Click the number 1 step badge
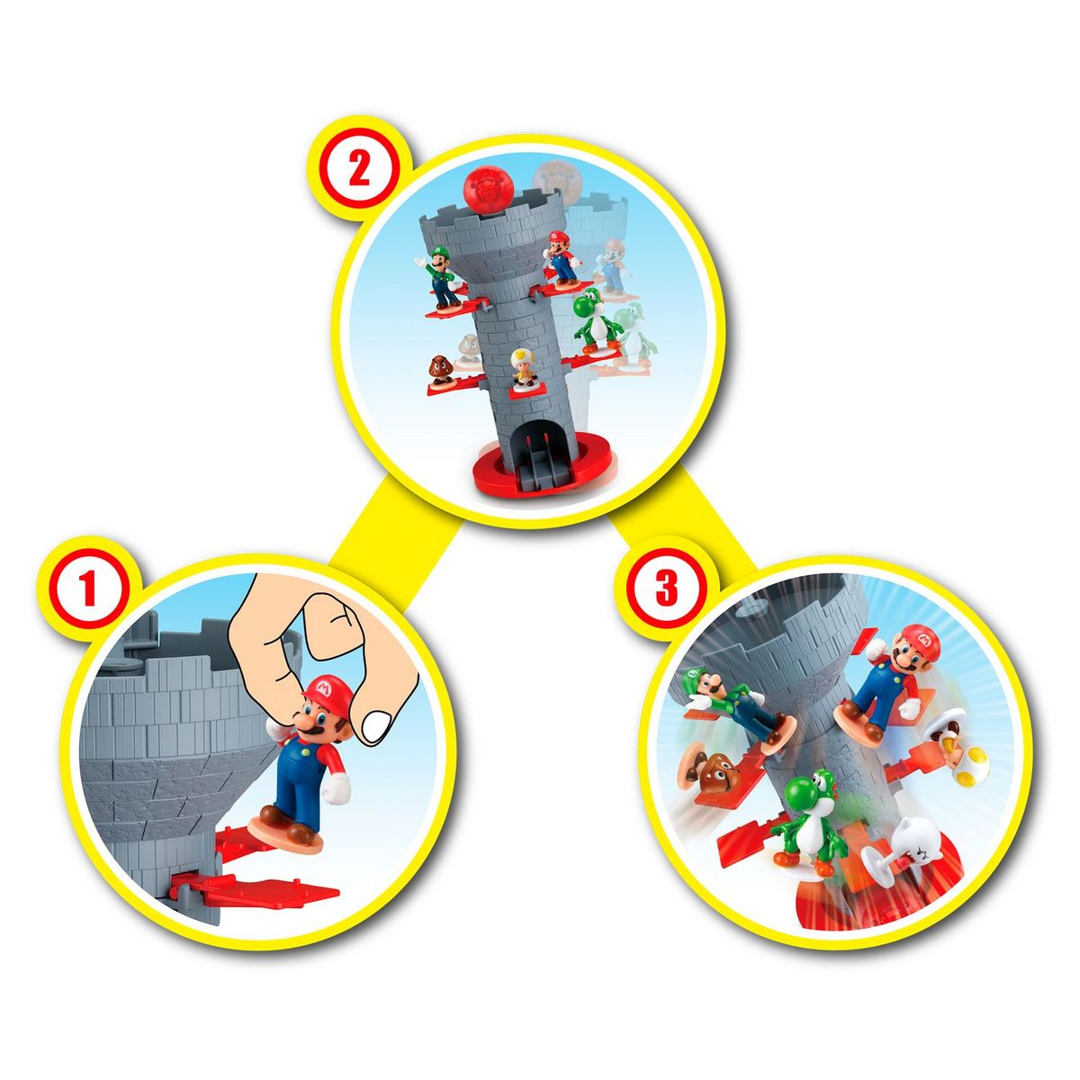(x=87, y=591)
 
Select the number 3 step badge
(x=665, y=589)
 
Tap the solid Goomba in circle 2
(x=441, y=368)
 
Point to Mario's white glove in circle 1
(x=337, y=789)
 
